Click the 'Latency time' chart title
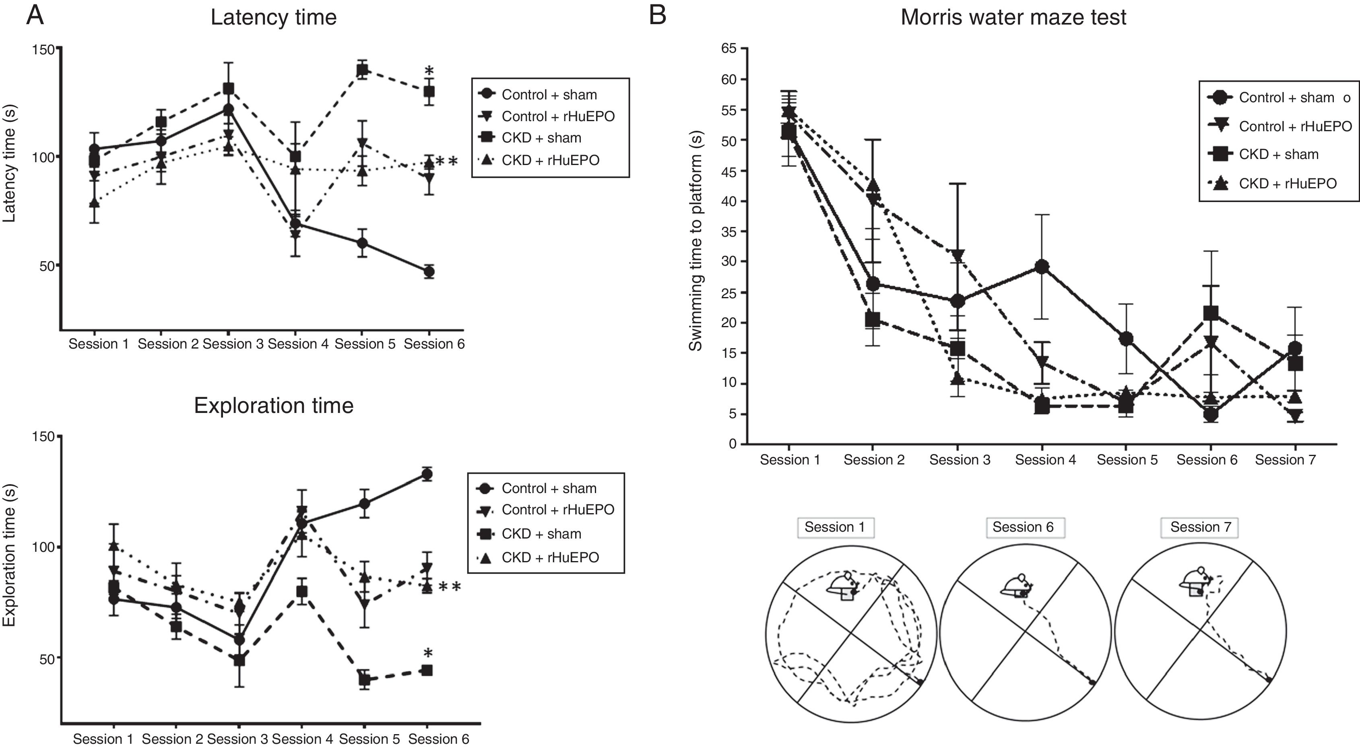pos(273,17)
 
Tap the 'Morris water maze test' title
pos(1013,17)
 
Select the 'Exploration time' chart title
pos(273,405)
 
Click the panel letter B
pos(657,15)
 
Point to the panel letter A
pos(35,15)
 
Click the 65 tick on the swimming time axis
pos(728,49)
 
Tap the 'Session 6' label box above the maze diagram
pos(1023,527)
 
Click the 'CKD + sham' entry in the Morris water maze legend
pos(1278,154)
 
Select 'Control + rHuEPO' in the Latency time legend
pos(557,116)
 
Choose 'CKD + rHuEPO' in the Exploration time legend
pos(550,557)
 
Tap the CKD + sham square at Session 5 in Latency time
pos(362,70)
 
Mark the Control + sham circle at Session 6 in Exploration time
pos(427,474)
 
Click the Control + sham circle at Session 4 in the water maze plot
pos(1042,266)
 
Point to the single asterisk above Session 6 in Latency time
pos(429,71)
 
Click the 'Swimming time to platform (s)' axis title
pos(695,240)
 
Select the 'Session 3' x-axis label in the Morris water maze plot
pos(959,460)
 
